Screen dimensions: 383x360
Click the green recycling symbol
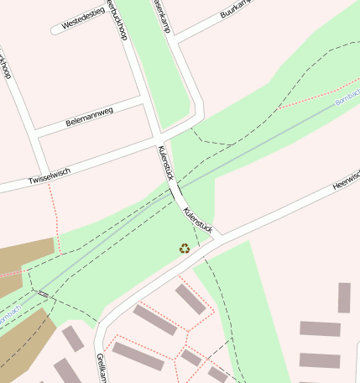pyautogui.click(x=185, y=248)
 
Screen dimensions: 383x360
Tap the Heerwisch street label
pyautogui.click(x=346, y=180)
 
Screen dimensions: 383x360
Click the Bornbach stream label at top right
pyautogui.click(x=347, y=100)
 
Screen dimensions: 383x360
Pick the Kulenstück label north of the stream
pyautogui.click(x=165, y=162)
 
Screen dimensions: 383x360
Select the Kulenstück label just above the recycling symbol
pyautogui.click(x=198, y=218)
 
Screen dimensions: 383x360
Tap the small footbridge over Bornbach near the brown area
pyautogui.click(x=42, y=294)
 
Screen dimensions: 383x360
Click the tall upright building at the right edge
pyautogui.click(x=344, y=297)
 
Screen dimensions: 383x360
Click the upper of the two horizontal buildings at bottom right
pyautogui.click(x=320, y=329)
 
